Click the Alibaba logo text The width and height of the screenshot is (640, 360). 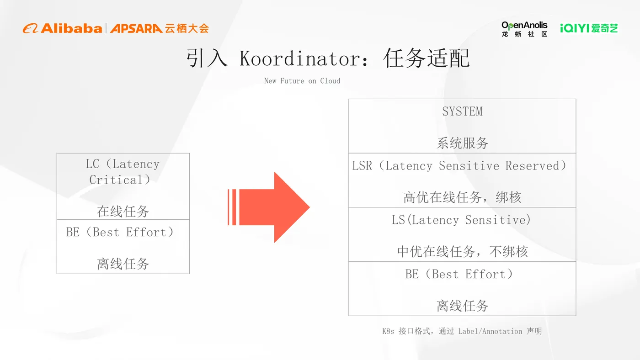71,28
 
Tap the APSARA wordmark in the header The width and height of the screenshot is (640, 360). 136,28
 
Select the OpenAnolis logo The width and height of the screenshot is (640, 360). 524,29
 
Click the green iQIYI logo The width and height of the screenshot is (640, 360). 589,28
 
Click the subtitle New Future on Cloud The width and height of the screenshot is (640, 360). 302,81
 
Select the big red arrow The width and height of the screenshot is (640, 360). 270,207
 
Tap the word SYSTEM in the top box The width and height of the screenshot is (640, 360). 462,111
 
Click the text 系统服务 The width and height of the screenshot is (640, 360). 462,143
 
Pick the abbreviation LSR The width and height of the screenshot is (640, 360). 362,166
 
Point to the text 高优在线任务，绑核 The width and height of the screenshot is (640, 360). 462,197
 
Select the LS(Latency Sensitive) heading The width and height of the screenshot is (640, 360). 461,220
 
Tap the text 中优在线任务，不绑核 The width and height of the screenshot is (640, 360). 462,251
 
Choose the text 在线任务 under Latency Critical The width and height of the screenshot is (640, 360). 123,212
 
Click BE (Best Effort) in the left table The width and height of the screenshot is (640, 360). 120,232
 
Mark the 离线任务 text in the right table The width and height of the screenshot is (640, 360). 462,306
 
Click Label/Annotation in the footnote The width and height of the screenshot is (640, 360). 490,331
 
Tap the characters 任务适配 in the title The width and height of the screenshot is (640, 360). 427,59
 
